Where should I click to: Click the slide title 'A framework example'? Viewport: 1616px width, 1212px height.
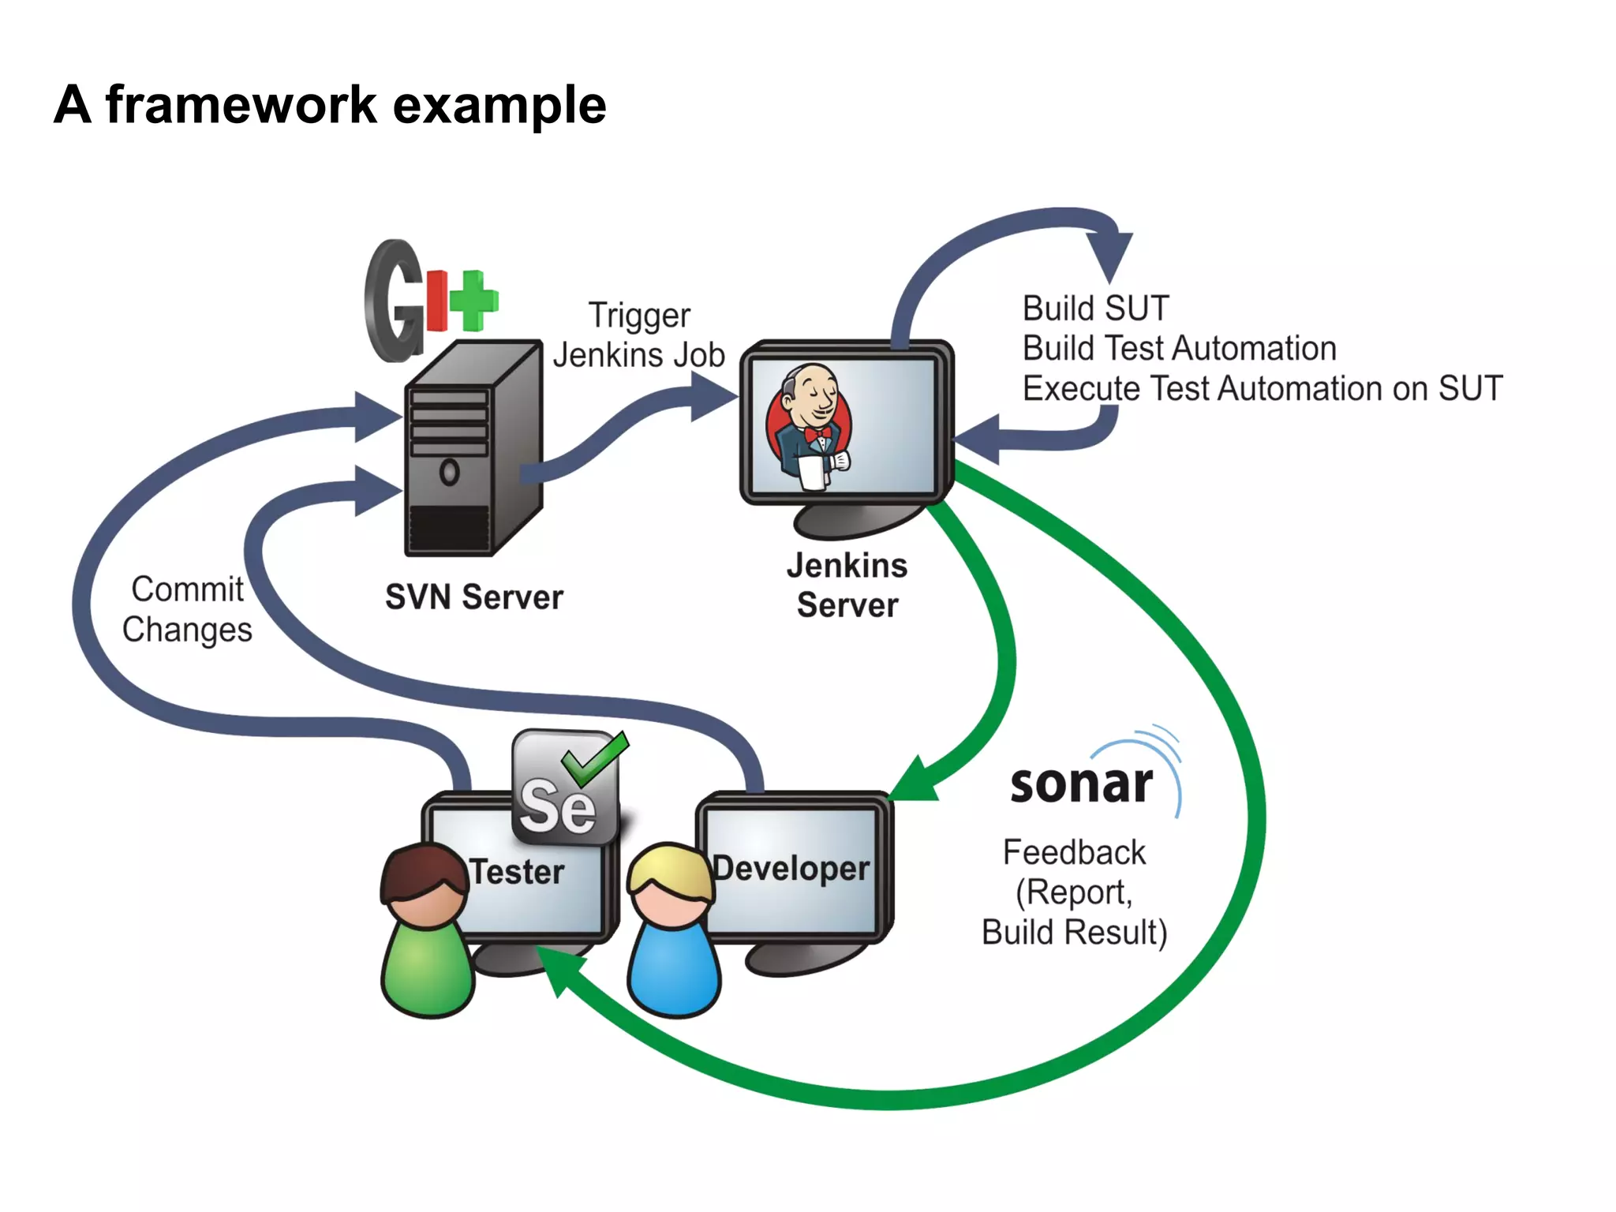point(330,105)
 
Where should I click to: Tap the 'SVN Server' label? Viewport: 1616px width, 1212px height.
point(473,597)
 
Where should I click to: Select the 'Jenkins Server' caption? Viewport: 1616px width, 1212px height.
point(847,585)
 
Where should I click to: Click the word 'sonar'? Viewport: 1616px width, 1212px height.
point(1081,784)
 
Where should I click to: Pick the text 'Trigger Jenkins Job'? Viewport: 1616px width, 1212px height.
point(638,335)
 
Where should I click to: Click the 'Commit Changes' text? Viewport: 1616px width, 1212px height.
point(187,610)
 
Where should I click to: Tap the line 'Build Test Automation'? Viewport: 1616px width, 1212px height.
point(1179,349)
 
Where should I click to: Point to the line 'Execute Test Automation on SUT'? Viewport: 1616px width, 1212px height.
point(1262,389)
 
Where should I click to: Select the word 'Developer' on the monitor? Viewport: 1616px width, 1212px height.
point(791,868)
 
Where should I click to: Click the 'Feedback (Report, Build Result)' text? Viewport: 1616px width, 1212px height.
point(1074,892)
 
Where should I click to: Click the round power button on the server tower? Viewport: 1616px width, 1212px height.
point(449,473)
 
